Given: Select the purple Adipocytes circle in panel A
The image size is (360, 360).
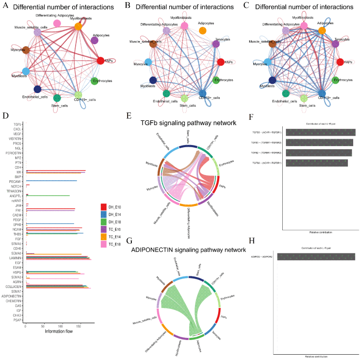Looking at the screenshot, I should point(95,40).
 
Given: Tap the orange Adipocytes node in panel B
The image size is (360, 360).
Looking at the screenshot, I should point(202,31).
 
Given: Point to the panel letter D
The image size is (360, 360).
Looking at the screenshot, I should point(5,115).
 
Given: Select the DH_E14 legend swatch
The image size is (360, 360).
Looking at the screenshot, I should point(104,214).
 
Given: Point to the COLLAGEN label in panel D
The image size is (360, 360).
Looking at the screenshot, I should point(14,286).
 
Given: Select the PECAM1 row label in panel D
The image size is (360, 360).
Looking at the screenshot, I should point(15,181).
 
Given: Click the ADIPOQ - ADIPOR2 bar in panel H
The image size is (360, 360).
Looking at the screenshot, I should point(316,257).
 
